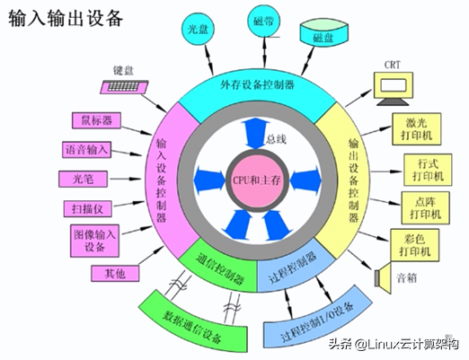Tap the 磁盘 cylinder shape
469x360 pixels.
tap(323, 34)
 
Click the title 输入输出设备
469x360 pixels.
tap(66, 18)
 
